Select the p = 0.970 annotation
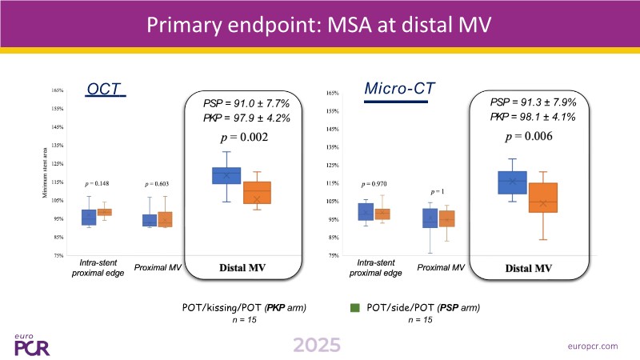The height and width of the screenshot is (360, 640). point(374,184)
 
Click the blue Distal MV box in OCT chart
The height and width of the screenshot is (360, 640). point(226,175)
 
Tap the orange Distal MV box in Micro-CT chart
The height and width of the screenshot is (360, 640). point(543,198)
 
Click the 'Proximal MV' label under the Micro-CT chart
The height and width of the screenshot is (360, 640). point(442,267)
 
